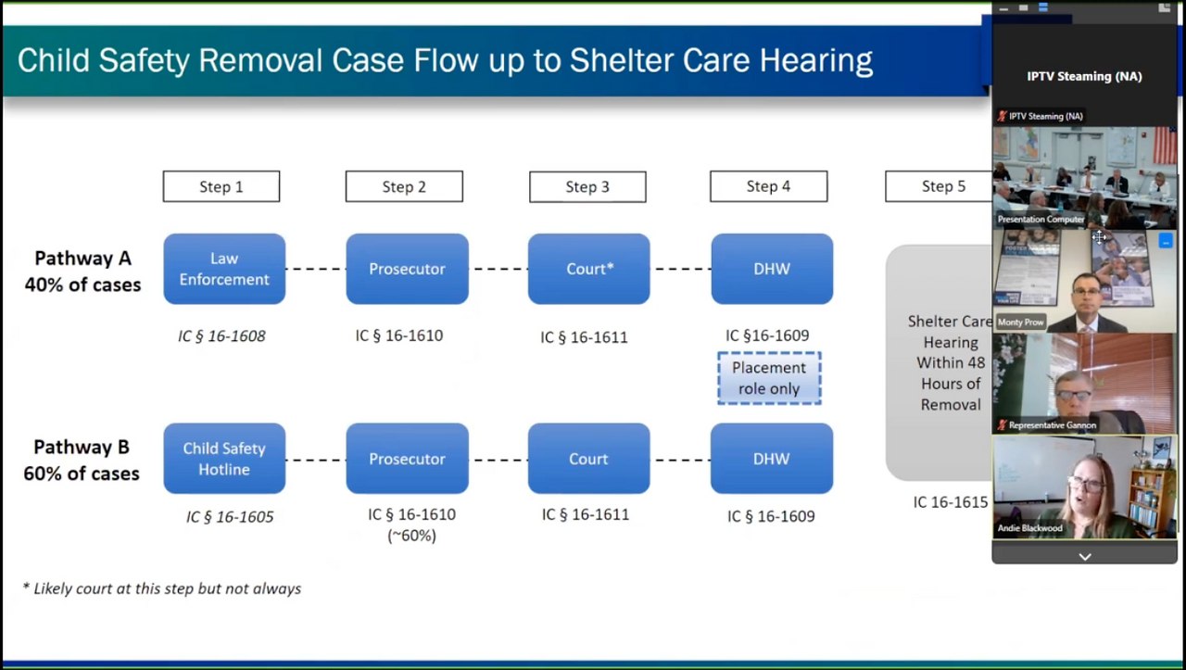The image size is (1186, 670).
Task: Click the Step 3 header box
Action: pyautogui.click(x=587, y=186)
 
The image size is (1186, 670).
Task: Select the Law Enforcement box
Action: pyautogui.click(x=224, y=269)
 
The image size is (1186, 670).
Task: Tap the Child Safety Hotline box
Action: pyautogui.click(x=224, y=459)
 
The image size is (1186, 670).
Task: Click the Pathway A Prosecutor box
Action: pyautogui.click(x=407, y=269)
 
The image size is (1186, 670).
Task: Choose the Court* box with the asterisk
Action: pyautogui.click(x=588, y=269)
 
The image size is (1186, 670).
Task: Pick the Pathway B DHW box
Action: pyautogui.click(x=772, y=459)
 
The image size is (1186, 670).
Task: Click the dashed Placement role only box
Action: pyautogui.click(x=769, y=378)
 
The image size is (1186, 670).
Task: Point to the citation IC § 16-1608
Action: pyautogui.click(x=221, y=335)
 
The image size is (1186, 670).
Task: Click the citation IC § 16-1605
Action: pyautogui.click(x=230, y=516)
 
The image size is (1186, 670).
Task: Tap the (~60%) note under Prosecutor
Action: pyautogui.click(x=412, y=536)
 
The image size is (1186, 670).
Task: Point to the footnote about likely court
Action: pyautogui.click(x=162, y=588)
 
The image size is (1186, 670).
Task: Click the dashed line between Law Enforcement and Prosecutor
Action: pyautogui.click(x=316, y=269)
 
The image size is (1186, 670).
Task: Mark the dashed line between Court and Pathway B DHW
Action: pyautogui.click(x=680, y=460)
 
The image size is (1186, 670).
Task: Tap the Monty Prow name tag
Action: pyautogui.click(x=1020, y=322)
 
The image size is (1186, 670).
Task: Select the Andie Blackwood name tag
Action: pyautogui.click(x=1029, y=528)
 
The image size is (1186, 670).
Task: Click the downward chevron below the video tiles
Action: pyautogui.click(x=1085, y=557)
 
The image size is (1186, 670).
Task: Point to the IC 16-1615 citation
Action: pyautogui.click(x=951, y=502)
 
